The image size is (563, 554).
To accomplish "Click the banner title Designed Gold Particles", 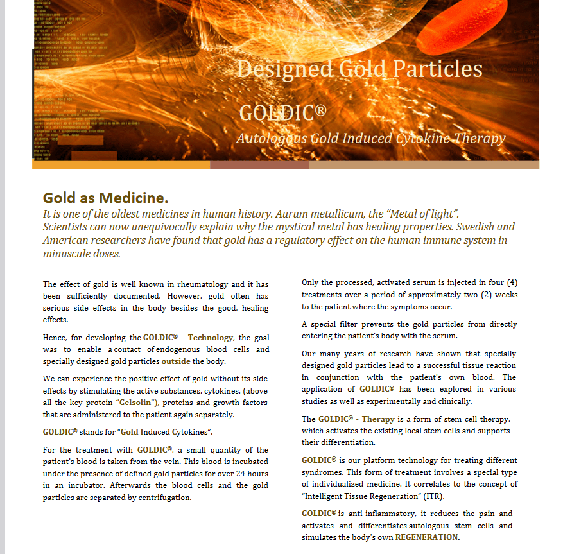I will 359,69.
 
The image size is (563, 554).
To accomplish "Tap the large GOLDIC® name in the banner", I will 282,113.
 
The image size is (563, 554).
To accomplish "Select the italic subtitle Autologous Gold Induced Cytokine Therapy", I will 370,138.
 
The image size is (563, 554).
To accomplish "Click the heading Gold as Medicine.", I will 105,197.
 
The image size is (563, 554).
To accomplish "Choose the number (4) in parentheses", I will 512,283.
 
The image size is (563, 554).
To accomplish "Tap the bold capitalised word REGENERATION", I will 426,537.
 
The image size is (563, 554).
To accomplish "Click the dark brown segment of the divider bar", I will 259,165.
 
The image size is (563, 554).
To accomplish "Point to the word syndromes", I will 324,472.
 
